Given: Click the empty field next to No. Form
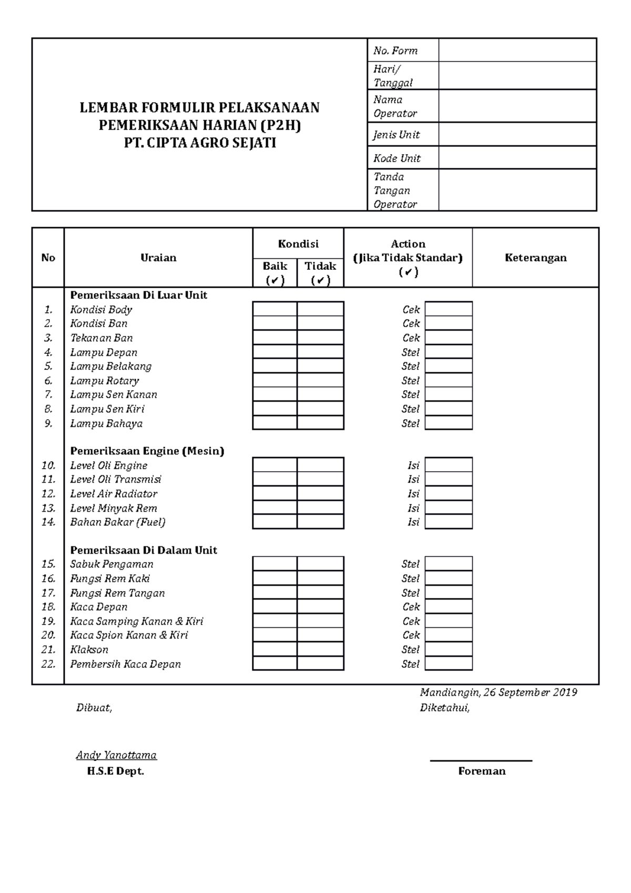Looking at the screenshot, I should coord(517,50).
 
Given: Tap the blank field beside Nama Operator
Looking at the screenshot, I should coord(517,106).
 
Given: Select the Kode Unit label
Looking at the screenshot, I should coord(397,158).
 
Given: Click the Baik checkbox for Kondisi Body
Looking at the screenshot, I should coord(274,309).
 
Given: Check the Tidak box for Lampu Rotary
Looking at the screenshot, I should coord(320,380).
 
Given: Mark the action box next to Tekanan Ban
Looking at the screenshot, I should coord(449,338).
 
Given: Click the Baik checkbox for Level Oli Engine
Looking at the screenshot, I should coord(274,465).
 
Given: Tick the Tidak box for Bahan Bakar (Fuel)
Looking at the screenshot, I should coord(320,522).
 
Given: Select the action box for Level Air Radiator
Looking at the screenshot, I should coord(449,493).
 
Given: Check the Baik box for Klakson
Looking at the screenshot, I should coord(274,650).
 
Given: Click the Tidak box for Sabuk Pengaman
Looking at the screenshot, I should coord(320,564).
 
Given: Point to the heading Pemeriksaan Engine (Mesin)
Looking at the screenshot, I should coord(147,451).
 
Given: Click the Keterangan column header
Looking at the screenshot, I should coord(535,258).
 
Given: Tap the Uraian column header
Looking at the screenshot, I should coord(158,258).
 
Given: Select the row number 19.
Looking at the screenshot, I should coord(48,621).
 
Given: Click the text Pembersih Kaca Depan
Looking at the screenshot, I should coord(125,664).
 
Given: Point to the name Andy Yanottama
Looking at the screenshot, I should coord(116,755).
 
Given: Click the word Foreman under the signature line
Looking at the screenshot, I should coord(482,771).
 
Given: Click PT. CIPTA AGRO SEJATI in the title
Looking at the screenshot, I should coord(200,143).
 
